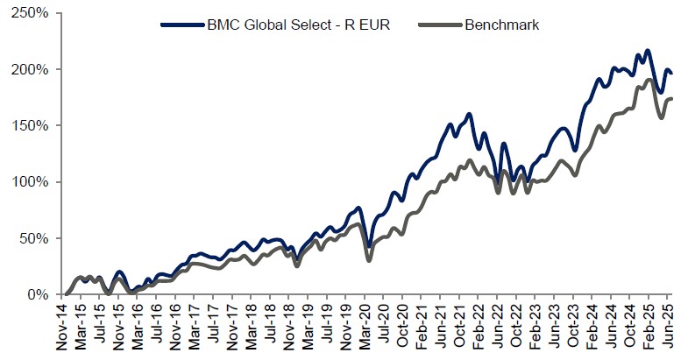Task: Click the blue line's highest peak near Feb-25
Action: tap(647, 51)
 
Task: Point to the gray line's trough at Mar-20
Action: tap(369, 260)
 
